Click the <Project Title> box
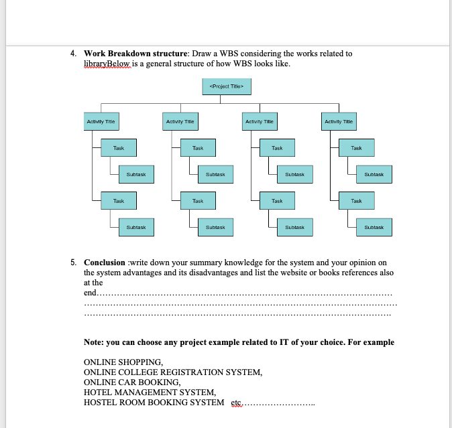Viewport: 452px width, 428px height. [x=226, y=86]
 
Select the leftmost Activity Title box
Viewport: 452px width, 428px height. [x=101, y=121]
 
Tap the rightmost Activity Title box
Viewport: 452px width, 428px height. [x=339, y=121]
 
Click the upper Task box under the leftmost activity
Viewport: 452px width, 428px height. [x=118, y=147]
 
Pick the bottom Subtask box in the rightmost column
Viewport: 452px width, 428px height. [x=374, y=227]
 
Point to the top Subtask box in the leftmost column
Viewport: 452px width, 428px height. [x=136, y=174]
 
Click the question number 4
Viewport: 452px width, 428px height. [x=73, y=54]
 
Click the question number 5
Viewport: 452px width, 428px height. [x=73, y=263]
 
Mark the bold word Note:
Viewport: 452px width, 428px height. [x=95, y=342]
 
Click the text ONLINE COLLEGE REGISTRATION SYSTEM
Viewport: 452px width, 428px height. [x=172, y=372]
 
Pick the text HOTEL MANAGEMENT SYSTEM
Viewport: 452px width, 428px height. [x=150, y=393]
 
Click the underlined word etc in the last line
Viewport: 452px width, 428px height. [x=235, y=403]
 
